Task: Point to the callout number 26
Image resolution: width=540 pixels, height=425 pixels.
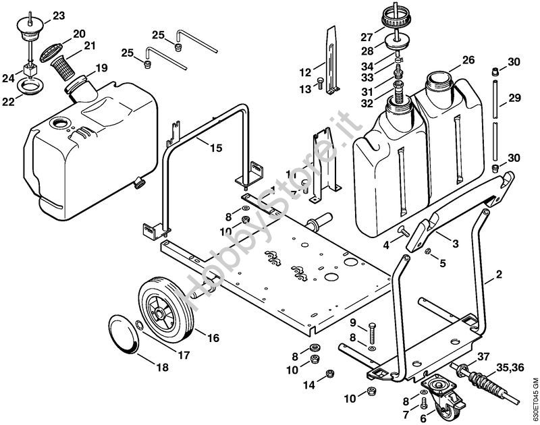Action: pos(468,60)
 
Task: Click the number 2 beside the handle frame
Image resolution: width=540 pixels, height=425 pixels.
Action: pos(499,275)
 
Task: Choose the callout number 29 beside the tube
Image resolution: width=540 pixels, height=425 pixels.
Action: pos(515,98)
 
